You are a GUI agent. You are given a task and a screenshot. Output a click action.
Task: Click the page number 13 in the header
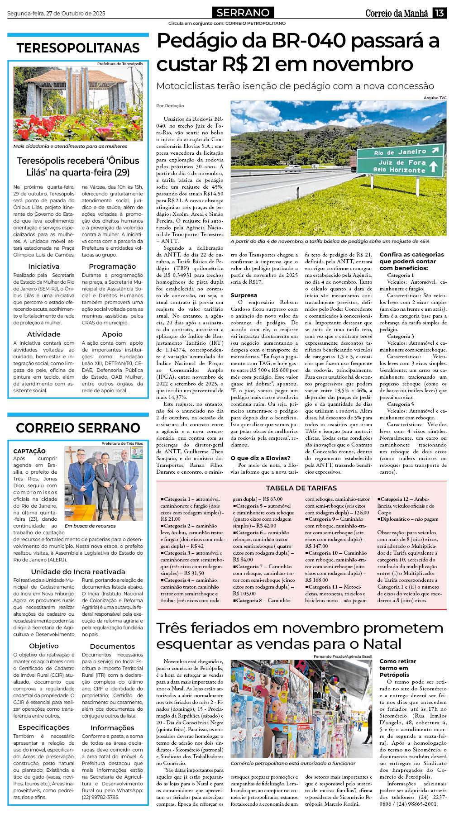pos(440,13)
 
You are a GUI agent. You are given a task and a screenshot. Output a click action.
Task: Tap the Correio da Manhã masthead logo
pos(397,13)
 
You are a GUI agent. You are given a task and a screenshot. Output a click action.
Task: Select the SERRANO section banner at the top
pos(243,13)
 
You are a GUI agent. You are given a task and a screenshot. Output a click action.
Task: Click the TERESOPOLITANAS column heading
pos(78,48)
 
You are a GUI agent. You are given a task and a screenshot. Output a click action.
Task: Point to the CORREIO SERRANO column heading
pos(78,428)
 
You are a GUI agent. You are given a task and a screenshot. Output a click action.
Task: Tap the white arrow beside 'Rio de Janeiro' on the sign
pos(435,150)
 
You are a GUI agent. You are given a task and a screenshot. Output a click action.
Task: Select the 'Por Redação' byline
pos(170,106)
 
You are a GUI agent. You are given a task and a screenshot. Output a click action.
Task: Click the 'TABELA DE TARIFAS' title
pos(301,488)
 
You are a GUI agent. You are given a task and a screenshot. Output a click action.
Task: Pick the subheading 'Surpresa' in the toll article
pos(244,295)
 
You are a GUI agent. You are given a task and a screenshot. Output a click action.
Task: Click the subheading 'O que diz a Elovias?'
pos(260,458)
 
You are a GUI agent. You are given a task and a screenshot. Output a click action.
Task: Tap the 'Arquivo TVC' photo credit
pos(435,98)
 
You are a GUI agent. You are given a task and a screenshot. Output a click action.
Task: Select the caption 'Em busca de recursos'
pos(90,526)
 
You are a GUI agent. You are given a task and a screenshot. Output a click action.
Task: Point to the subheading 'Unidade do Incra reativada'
pos(78,571)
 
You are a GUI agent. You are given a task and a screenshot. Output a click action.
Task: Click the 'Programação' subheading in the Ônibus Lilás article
pos(112,266)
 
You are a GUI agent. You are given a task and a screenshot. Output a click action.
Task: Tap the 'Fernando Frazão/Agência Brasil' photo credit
pos(343,656)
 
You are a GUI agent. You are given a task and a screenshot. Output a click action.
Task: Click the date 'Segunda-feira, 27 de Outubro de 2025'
pos(56,14)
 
